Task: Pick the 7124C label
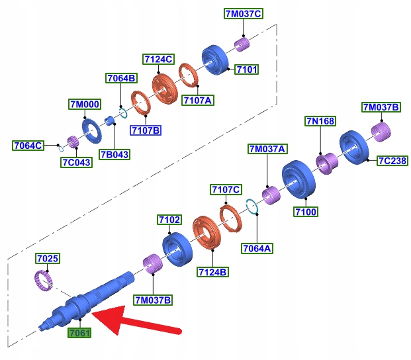click(x=158, y=60)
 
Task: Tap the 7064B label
click(x=120, y=79)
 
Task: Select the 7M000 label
click(x=83, y=104)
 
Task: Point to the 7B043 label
click(x=114, y=154)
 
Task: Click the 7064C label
click(x=28, y=145)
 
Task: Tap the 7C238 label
click(x=392, y=161)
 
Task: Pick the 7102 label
click(x=169, y=219)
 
